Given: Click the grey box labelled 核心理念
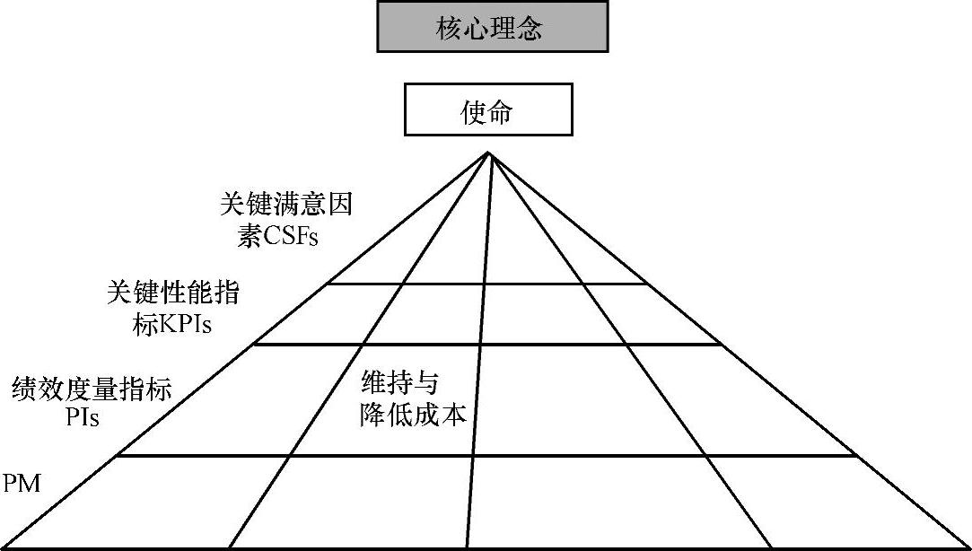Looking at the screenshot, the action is tap(492, 28).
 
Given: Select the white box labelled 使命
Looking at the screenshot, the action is tap(488, 109).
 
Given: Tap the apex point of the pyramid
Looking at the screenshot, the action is tap(489, 153).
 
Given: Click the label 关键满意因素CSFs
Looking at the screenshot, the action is tap(285, 221).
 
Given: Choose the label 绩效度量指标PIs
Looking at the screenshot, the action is tap(92, 403).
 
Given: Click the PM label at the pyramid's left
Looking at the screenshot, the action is tap(22, 485).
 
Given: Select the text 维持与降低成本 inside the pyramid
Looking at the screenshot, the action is tap(413, 399).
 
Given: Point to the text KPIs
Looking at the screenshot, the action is tap(185, 325).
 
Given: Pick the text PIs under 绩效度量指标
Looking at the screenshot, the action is tap(83, 419).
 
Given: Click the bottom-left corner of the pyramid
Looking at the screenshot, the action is tap(4, 547).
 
